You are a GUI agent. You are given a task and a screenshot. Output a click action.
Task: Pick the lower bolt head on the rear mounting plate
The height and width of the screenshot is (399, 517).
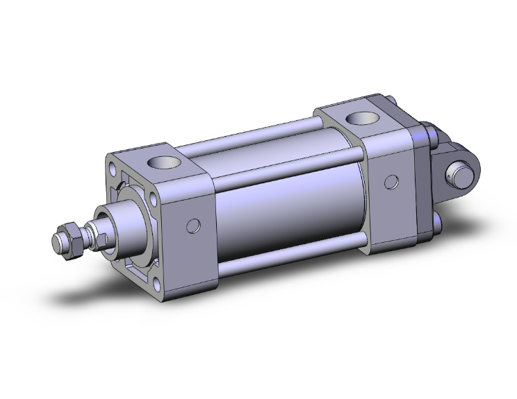click(x=437, y=223)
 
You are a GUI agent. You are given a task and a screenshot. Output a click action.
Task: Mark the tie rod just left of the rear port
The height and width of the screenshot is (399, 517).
click(x=327, y=125)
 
